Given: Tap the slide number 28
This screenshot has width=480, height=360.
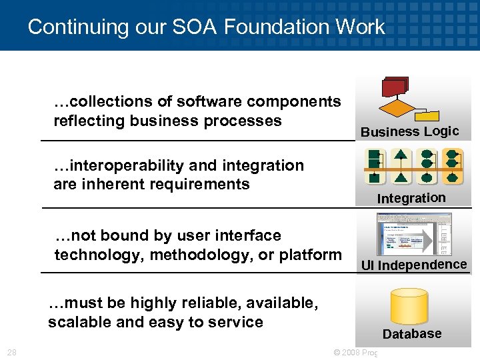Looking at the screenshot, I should coord(12,352).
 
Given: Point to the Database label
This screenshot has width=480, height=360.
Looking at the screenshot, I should coord(412,334).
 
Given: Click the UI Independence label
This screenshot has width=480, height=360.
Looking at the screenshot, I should coord(413,265).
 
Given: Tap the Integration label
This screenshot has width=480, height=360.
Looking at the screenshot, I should coord(411,198).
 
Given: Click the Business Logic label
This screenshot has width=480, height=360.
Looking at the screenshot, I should coord(409,131).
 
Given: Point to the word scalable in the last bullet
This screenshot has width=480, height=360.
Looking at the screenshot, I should coord(75,323).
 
